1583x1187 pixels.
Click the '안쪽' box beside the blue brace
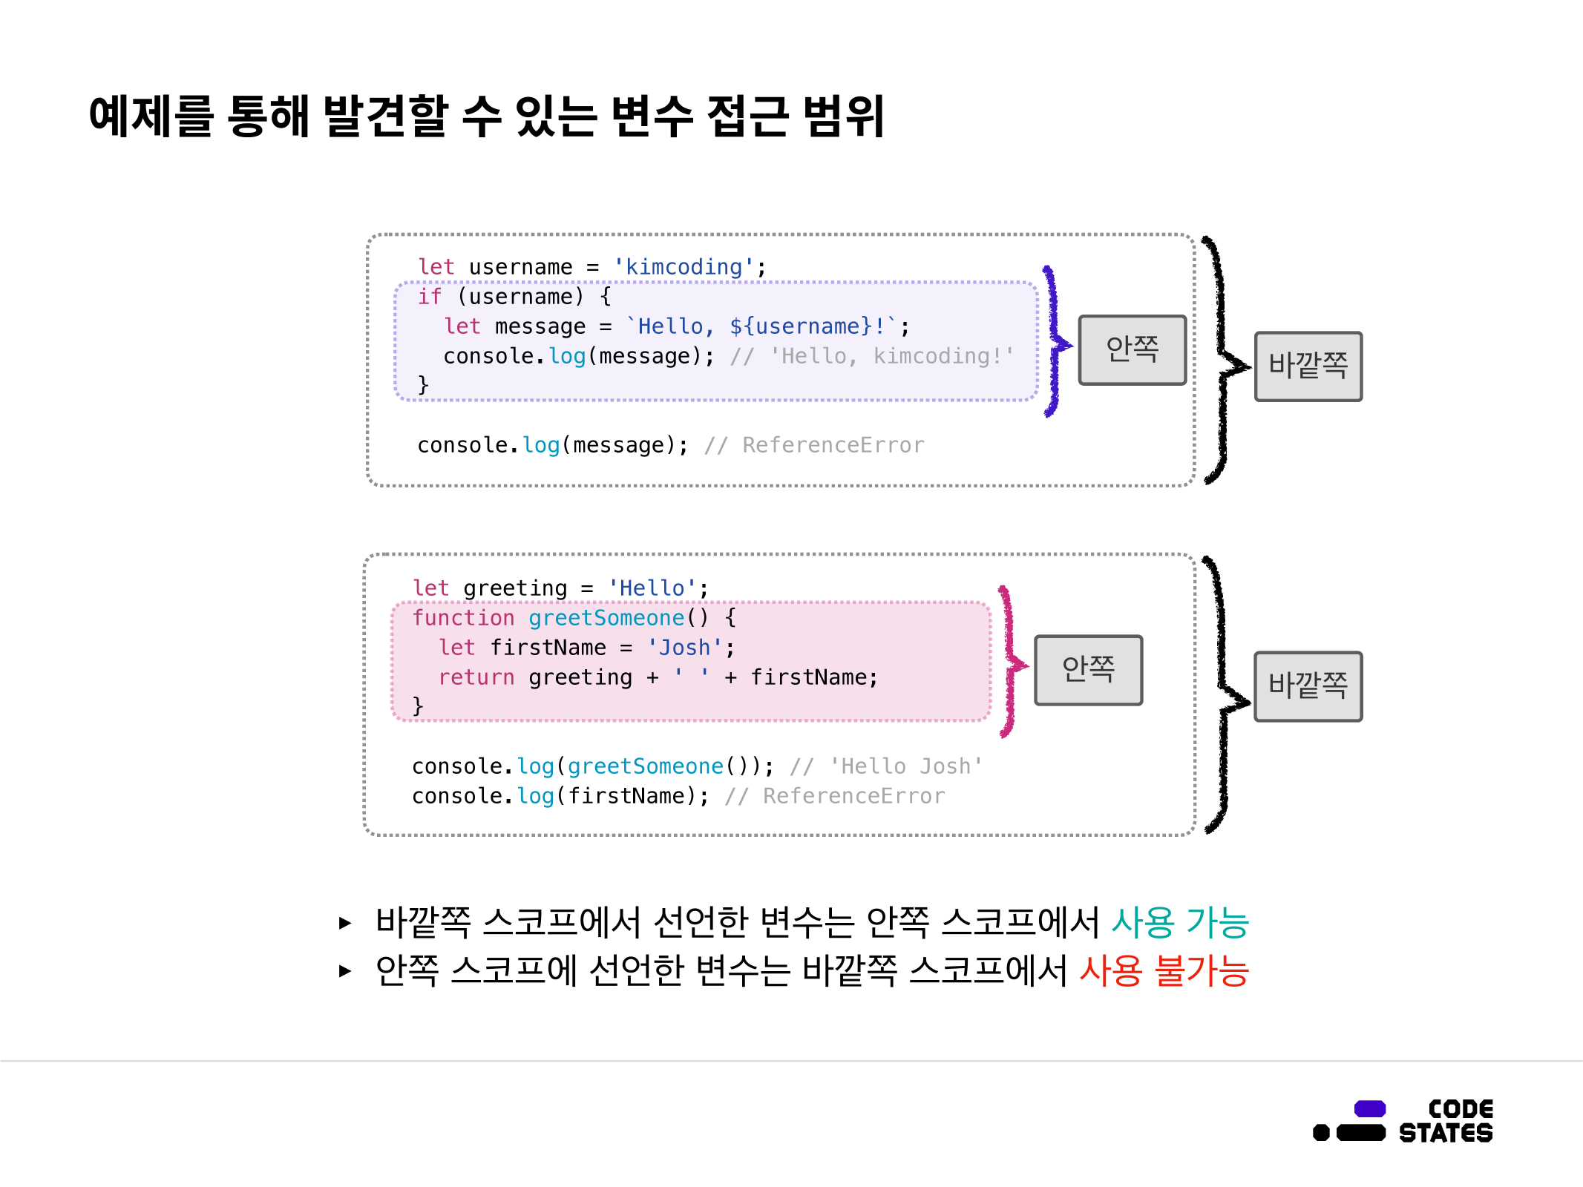1132,349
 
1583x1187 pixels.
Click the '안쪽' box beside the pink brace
1088,669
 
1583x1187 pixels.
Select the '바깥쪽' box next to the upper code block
1308,366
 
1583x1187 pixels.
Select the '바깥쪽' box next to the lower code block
1308,686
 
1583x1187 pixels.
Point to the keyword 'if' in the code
429,297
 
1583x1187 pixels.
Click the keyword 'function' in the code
463,618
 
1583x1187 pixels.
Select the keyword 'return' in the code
476,677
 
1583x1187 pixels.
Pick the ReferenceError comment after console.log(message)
833,445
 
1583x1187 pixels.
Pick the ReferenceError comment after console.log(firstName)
853,796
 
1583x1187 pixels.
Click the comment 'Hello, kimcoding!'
891,356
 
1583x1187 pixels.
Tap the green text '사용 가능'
1180,922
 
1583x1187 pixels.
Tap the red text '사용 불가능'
1164,970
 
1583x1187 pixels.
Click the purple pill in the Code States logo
1369,1108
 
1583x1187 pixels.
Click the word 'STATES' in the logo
1446,1133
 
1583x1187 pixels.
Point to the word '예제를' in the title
151,116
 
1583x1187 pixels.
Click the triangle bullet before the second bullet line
344,970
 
